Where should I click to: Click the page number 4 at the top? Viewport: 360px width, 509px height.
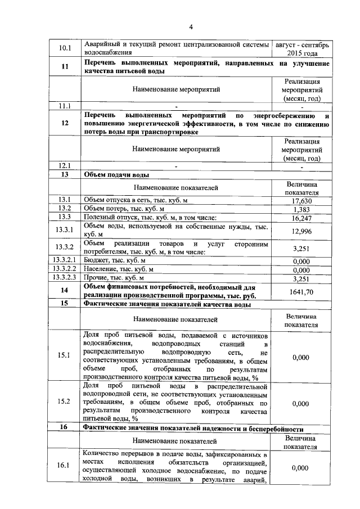[x=191, y=26]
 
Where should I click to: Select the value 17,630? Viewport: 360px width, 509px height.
[x=302, y=201]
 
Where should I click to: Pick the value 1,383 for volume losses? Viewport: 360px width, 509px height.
[x=302, y=209]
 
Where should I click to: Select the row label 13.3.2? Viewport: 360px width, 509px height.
[x=65, y=247]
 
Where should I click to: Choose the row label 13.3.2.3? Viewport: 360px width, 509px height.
[x=65, y=277]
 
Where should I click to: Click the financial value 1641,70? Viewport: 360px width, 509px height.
[x=302, y=291]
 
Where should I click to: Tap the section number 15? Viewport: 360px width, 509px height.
[x=65, y=304]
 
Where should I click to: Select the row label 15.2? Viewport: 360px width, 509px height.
[x=65, y=403]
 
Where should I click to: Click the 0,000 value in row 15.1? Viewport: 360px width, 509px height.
[x=302, y=355]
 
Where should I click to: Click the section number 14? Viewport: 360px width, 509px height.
[x=65, y=291]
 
